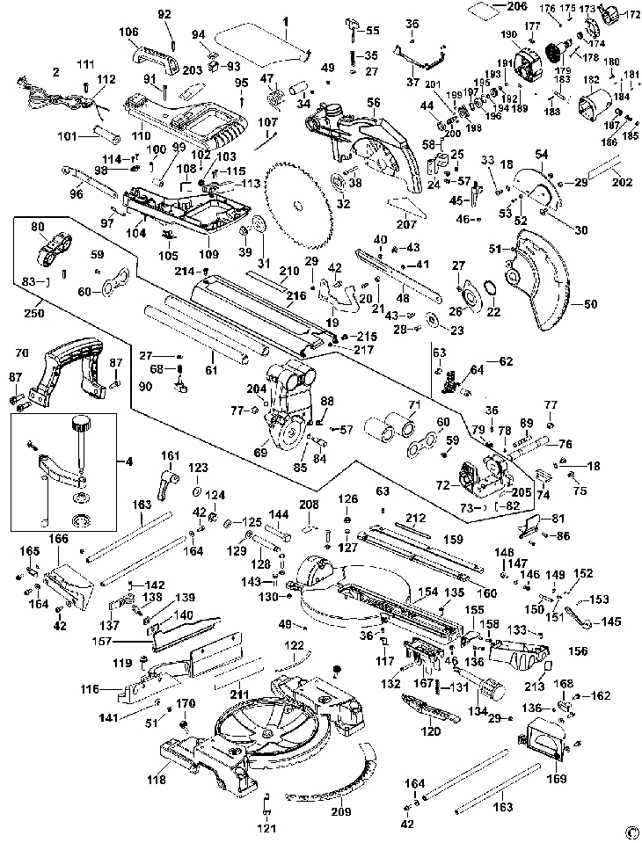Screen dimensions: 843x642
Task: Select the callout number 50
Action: tap(590, 304)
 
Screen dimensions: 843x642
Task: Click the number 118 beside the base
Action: tap(157, 779)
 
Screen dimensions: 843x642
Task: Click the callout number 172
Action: tap(633, 14)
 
